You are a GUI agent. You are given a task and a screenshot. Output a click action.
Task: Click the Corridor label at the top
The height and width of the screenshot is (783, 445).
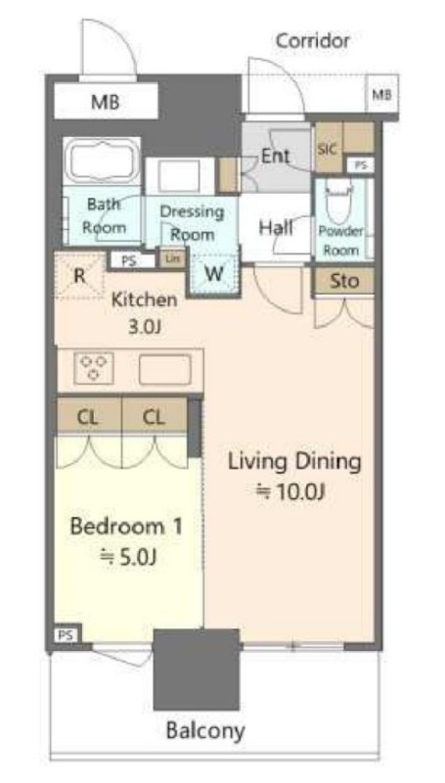(313, 40)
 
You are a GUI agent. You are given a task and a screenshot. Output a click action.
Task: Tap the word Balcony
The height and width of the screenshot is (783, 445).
(205, 731)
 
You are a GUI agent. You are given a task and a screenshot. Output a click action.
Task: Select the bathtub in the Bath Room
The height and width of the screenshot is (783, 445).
(102, 161)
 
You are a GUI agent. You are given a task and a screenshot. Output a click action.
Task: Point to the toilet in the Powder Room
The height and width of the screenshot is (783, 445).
(339, 200)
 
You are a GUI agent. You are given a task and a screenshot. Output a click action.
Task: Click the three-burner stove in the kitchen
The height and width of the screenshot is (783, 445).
(93, 368)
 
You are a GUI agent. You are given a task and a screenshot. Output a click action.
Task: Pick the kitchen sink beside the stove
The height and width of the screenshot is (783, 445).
(165, 369)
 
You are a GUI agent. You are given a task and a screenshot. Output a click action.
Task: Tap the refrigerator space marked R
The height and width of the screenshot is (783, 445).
(79, 276)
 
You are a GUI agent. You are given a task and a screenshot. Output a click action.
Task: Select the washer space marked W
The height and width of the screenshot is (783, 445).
(213, 275)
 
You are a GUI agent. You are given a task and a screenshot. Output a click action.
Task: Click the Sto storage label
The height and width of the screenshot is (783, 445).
(344, 281)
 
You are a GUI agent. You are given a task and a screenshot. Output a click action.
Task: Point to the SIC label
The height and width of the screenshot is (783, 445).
(328, 149)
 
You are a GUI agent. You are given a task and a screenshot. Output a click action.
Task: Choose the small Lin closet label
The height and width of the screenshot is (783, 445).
(172, 259)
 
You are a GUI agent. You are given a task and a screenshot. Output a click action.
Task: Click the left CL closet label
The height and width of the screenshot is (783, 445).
(87, 417)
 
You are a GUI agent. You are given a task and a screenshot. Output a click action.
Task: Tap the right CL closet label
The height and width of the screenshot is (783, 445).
(154, 417)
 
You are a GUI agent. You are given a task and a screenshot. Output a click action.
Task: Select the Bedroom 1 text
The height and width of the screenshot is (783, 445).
(126, 527)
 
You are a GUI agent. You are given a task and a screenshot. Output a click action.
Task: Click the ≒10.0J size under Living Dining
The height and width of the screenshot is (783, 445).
(290, 492)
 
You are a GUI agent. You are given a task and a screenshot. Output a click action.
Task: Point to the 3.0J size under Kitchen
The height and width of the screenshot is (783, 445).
(144, 327)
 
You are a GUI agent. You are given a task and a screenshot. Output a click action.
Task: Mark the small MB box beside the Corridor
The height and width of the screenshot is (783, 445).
(382, 93)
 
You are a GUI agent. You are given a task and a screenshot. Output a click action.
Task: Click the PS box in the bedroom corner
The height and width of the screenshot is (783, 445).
(66, 635)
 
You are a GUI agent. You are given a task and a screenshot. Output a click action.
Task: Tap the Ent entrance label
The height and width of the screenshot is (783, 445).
(276, 156)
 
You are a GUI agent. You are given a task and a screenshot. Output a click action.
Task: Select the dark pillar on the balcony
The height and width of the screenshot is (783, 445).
(196, 669)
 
